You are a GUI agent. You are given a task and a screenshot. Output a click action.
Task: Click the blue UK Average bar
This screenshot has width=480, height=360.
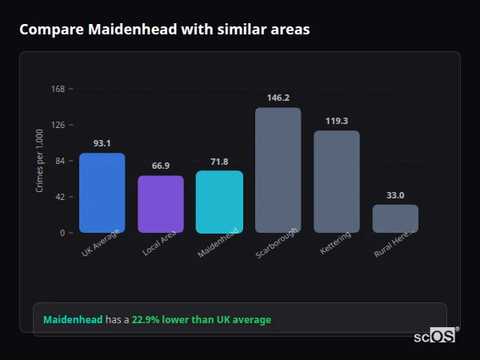102,193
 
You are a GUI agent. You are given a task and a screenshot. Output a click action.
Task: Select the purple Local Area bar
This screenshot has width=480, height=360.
160,204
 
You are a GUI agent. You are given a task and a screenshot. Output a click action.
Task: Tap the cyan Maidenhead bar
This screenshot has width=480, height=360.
219,202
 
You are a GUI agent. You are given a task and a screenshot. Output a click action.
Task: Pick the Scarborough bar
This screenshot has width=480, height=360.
278,170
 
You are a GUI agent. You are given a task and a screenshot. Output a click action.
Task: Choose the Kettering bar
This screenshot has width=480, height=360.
336,182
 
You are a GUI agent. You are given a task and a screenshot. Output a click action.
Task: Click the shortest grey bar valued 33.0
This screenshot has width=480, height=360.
395,218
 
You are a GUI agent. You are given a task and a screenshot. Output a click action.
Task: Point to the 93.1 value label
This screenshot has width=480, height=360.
102,143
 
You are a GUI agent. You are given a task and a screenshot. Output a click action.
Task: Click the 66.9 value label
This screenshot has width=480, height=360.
160,166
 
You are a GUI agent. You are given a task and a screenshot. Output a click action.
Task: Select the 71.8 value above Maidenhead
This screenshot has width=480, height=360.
219,162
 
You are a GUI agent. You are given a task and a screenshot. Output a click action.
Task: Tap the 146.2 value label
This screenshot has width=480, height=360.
278,98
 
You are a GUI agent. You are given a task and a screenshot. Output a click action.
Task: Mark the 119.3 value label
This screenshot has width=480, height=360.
336,121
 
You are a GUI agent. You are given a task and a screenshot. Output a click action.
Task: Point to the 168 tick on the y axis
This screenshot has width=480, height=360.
58,89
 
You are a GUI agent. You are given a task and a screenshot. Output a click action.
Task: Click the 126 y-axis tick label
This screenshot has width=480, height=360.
58,125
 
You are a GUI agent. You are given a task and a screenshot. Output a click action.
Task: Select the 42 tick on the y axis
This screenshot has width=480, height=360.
59,197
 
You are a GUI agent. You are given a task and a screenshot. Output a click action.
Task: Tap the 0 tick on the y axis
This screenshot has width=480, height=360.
62,233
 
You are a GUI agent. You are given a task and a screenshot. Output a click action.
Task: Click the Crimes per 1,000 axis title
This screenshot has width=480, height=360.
40,162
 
